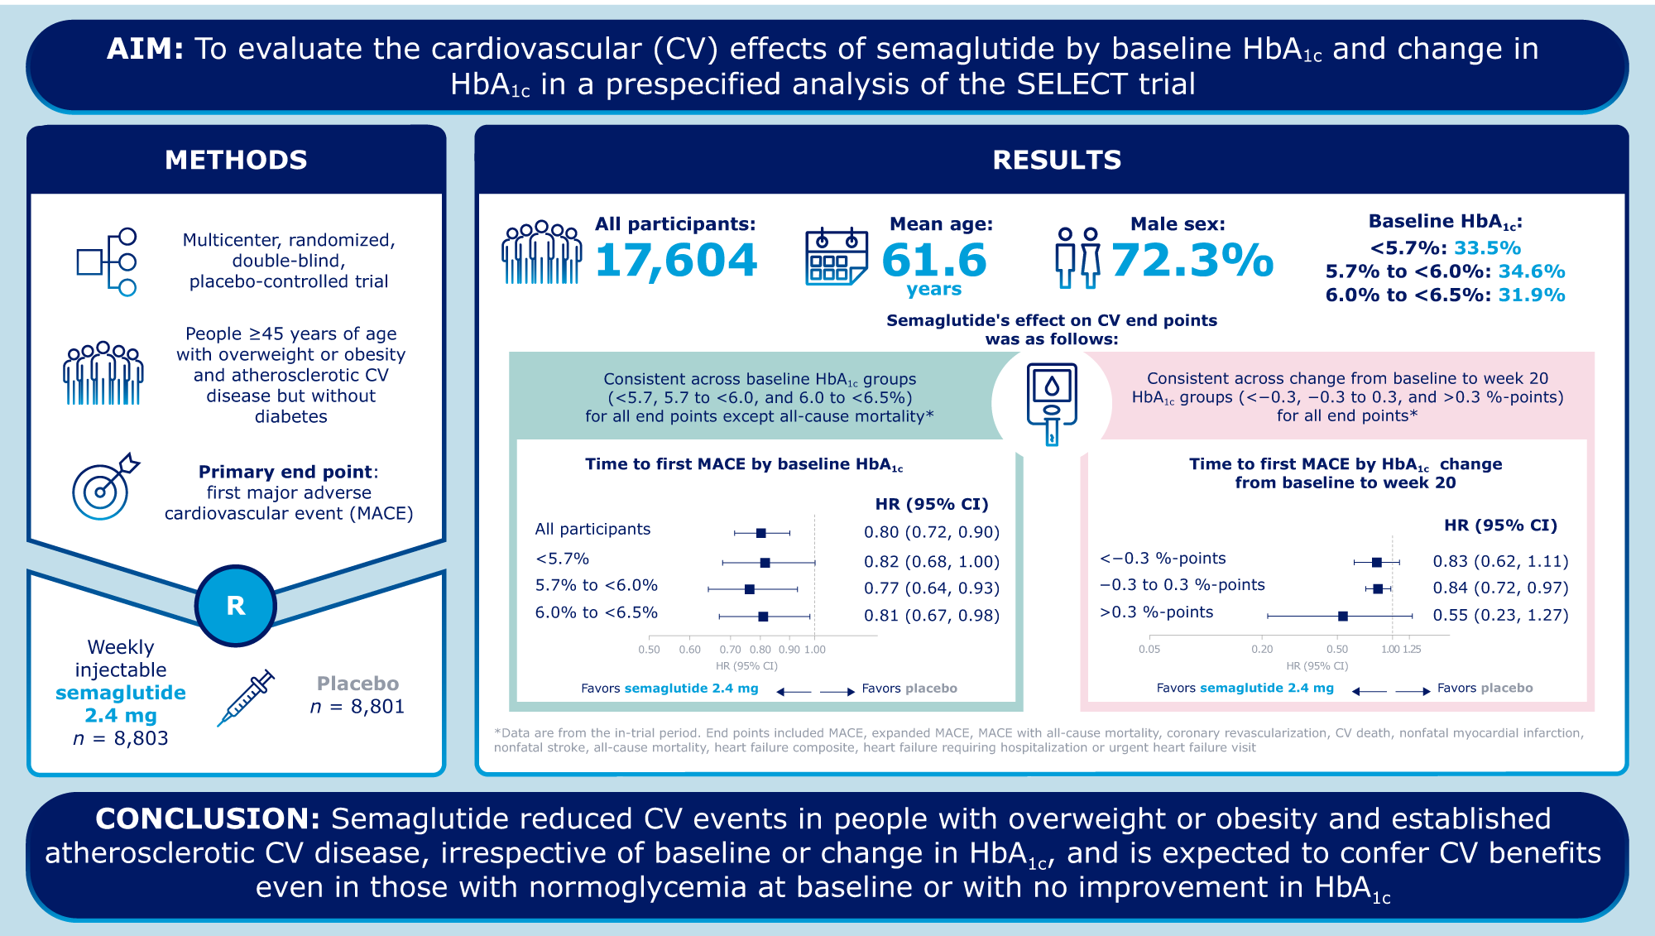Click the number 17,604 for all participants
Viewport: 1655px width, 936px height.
pyautogui.click(x=675, y=260)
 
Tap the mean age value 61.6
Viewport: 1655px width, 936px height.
pyautogui.click(x=934, y=260)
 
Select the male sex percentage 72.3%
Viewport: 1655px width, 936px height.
pyautogui.click(x=1192, y=260)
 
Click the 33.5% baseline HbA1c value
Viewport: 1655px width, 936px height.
pyautogui.click(x=1487, y=248)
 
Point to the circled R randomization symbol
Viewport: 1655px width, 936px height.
pyautogui.click(x=236, y=606)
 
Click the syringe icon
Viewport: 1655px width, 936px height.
pyautogui.click(x=246, y=698)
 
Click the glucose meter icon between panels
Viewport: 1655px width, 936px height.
pyautogui.click(x=1052, y=403)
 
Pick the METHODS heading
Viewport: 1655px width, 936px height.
pyautogui.click(x=236, y=160)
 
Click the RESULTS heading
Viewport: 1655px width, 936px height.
pyautogui.click(x=1057, y=160)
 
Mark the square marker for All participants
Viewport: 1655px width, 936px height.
pyautogui.click(x=761, y=533)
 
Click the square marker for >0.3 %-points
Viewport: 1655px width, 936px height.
pyautogui.click(x=1343, y=616)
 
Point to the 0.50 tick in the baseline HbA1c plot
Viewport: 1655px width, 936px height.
pyautogui.click(x=649, y=650)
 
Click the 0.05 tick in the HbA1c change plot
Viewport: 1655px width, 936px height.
pyautogui.click(x=1149, y=650)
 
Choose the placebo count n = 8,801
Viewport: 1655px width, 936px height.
pyautogui.click(x=357, y=707)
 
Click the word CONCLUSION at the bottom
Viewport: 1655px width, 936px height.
pyautogui.click(x=207, y=818)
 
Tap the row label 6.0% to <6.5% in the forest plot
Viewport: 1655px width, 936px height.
pyautogui.click(x=596, y=613)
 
